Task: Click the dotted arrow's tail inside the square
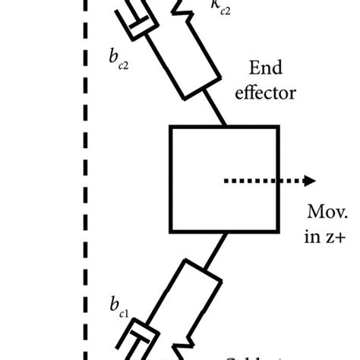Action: (228, 181)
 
